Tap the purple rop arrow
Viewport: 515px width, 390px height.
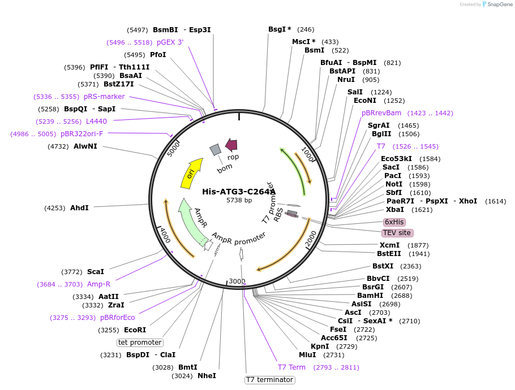231,145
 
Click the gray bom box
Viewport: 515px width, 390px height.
216,149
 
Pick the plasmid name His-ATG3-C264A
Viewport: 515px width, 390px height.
239,192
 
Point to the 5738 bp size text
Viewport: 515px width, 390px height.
239,200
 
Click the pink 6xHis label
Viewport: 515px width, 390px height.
394,222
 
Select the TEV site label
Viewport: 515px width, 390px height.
397,233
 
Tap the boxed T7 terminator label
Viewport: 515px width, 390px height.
269,380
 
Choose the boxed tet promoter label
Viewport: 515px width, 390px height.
140,343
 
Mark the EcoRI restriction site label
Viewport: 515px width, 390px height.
135,330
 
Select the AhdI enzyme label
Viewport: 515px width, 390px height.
79,208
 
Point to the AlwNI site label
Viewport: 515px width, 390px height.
85,146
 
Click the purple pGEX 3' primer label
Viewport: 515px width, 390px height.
170,42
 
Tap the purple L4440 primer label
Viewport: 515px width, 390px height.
96,122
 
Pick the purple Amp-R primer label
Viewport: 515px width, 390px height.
98,284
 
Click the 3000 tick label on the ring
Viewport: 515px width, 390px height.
237,281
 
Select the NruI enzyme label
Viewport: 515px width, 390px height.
346,80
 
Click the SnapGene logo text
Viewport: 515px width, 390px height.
498,4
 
